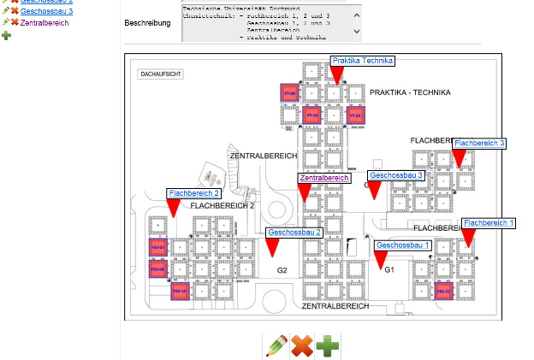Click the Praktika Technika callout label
[362, 61]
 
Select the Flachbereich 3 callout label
[479, 143]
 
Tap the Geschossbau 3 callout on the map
[396, 175]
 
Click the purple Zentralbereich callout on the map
[324, 178]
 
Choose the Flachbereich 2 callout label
[194, 194]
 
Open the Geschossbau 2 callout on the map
[294, 233]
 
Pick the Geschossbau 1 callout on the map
[402, 246]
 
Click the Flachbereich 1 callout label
[489, 222]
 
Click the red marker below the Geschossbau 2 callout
[271, 247]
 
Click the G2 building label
[282, 270]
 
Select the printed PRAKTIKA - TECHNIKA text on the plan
[411, 93]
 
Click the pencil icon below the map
[276, 346]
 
